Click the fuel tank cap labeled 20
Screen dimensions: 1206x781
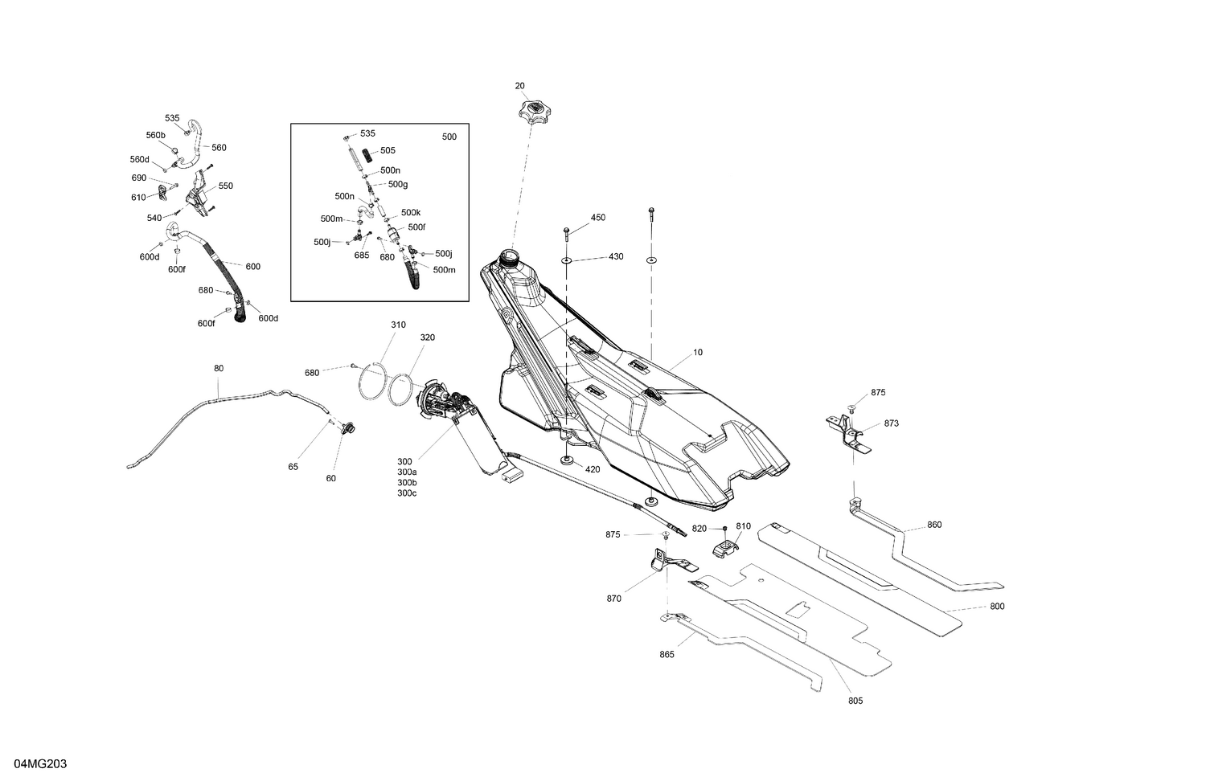click(534, 111)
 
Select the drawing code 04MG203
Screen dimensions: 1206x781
click(41, 764)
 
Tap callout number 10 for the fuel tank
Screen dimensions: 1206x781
click(698, 352)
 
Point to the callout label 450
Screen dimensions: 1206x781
click(598, 217)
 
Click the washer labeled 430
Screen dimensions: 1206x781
click(566, 261)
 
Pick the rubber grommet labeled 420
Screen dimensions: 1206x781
click(566, 460)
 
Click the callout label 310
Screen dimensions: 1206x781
click(399, 325)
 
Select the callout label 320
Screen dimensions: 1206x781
click(428, 337)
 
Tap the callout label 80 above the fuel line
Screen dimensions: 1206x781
click(219, 369)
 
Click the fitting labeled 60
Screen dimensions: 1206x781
click(348, 429)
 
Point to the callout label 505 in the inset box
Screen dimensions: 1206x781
click(388, 150)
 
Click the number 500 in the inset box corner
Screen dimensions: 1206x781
click(449, 137)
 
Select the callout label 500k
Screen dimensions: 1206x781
click(411, 212)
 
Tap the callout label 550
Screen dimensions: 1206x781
click(226, 186)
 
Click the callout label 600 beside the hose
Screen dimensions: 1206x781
click(253, 266)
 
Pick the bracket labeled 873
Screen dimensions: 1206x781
click(848, 433)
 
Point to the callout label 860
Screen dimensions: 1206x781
click(934, 525)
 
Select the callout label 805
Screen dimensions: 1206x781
click(855, 701)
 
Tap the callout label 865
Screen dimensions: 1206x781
click(667, 655)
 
